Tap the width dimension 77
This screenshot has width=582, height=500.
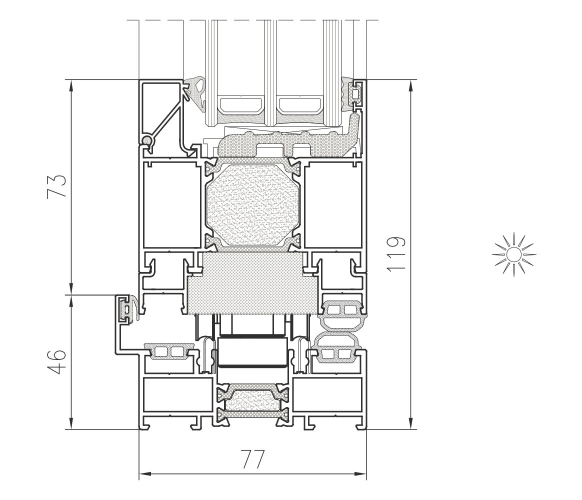click(253, 459)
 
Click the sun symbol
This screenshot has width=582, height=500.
click(513, 254)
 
